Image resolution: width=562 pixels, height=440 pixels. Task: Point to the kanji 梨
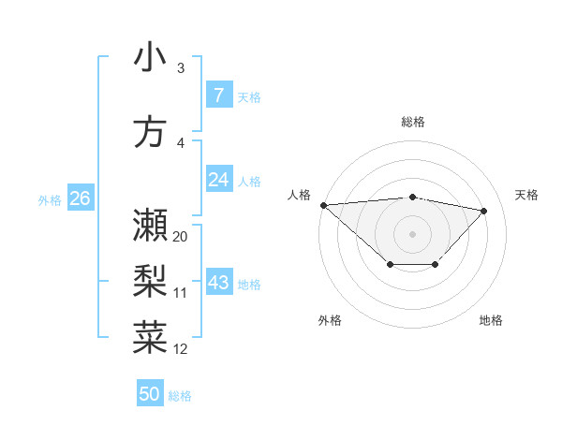150,281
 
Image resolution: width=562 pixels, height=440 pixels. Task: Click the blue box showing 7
218,95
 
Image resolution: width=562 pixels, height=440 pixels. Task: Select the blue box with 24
218,181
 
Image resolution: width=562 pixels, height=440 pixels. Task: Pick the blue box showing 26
80,198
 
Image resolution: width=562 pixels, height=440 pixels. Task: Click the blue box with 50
150,394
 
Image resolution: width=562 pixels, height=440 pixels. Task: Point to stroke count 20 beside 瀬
181,237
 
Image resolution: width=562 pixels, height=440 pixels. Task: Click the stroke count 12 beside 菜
181,349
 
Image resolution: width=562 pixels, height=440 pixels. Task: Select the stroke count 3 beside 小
180,68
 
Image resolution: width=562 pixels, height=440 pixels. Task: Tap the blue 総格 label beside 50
180,396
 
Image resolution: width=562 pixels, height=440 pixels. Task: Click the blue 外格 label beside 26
50,199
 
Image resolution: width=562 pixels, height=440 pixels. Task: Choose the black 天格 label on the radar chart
527,195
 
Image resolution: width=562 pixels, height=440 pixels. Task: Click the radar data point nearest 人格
323,205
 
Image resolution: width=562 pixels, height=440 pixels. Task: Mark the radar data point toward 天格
484,211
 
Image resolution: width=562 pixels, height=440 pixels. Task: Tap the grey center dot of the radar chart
412,233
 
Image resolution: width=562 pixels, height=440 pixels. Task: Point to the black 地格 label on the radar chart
491,321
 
